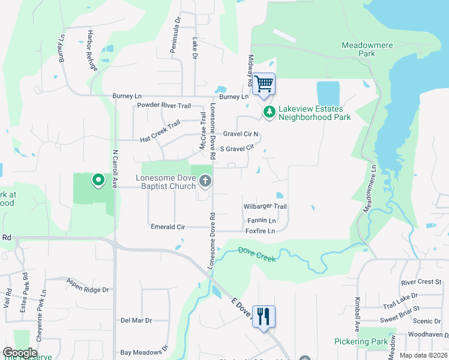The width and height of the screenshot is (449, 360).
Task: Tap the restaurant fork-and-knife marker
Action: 264,316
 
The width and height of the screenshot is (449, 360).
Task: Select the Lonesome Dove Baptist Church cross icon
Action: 205,181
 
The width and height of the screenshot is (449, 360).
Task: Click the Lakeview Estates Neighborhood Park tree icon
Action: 270,112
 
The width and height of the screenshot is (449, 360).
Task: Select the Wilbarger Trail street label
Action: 265,206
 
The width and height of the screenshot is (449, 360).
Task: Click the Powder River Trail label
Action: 164,106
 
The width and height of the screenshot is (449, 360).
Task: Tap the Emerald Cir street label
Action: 167,227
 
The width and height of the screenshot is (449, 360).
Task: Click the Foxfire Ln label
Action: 261,230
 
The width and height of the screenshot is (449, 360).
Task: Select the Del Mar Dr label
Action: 136,320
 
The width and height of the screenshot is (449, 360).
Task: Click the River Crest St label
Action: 421,281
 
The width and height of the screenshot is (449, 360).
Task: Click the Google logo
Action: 20,353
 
